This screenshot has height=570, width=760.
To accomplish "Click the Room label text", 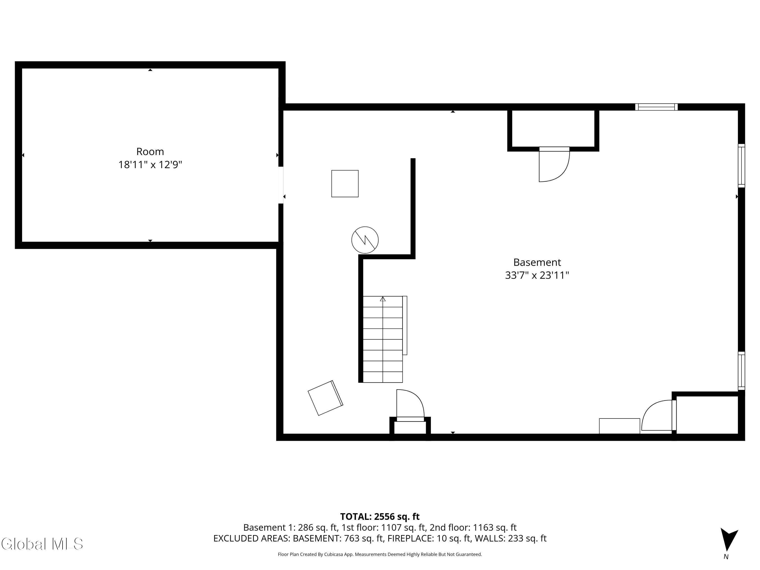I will [x=150, y=151].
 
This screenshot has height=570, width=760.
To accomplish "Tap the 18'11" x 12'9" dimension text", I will [x=150, y=165].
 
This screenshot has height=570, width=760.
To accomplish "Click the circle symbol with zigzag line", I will [x=365, y=240].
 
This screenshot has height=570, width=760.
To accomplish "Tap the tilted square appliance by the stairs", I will [x=325, y=398].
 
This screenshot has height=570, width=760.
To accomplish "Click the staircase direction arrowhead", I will [x=383, y=299].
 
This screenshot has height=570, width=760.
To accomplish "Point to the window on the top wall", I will [x=656, y=107].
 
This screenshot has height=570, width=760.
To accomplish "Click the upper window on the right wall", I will [x=742, y=166].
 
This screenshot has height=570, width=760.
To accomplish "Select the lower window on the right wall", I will [x=742, y=371].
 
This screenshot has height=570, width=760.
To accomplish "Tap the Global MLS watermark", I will [x=42, y=544].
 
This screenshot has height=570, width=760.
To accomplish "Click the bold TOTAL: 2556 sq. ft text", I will [x=380, y=516].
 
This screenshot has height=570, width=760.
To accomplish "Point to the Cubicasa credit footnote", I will [x=380, y=554].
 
